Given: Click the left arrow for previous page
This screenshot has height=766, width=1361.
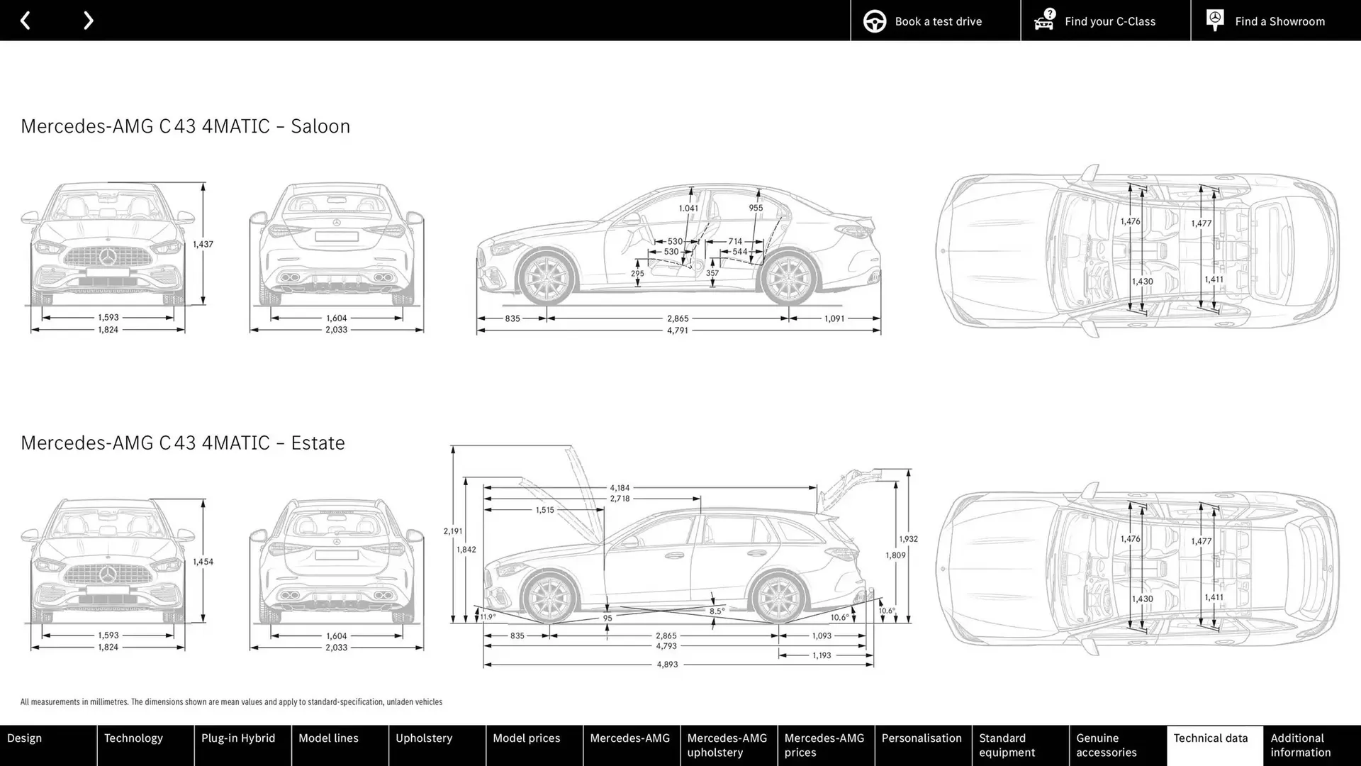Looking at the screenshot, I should coord(25,21).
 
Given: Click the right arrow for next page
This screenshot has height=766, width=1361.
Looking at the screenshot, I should coord(88,21).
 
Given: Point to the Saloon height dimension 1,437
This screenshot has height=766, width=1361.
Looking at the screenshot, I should coord(203,244).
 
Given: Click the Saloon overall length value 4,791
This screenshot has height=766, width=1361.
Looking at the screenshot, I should coord(677,331).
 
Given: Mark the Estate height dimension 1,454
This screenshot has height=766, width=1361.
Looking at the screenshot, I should coord(203,562).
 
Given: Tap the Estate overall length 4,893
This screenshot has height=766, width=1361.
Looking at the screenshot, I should coord(667,665).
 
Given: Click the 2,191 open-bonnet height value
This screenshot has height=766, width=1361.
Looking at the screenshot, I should coord(452,531).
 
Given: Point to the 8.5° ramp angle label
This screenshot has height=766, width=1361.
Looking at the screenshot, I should coord(717,611).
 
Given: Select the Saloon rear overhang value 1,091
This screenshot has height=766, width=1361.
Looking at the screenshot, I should coord(834,318).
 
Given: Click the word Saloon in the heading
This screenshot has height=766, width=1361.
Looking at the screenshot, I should coord(320,126).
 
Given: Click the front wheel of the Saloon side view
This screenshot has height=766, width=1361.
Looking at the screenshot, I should coord(547,277).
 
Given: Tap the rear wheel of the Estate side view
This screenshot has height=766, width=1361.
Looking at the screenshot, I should coord(779,596).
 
